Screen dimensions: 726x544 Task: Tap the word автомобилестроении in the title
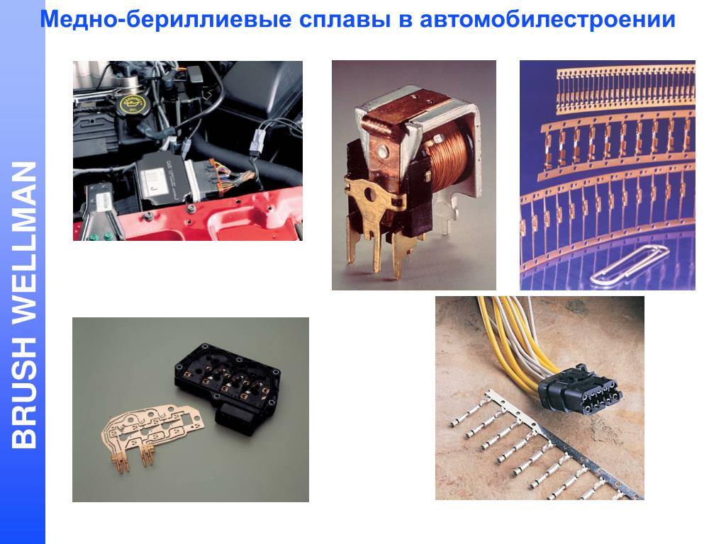point(547,19)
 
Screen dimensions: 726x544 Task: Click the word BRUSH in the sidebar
point(24,392)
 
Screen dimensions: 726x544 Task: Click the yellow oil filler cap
point(130,105)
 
